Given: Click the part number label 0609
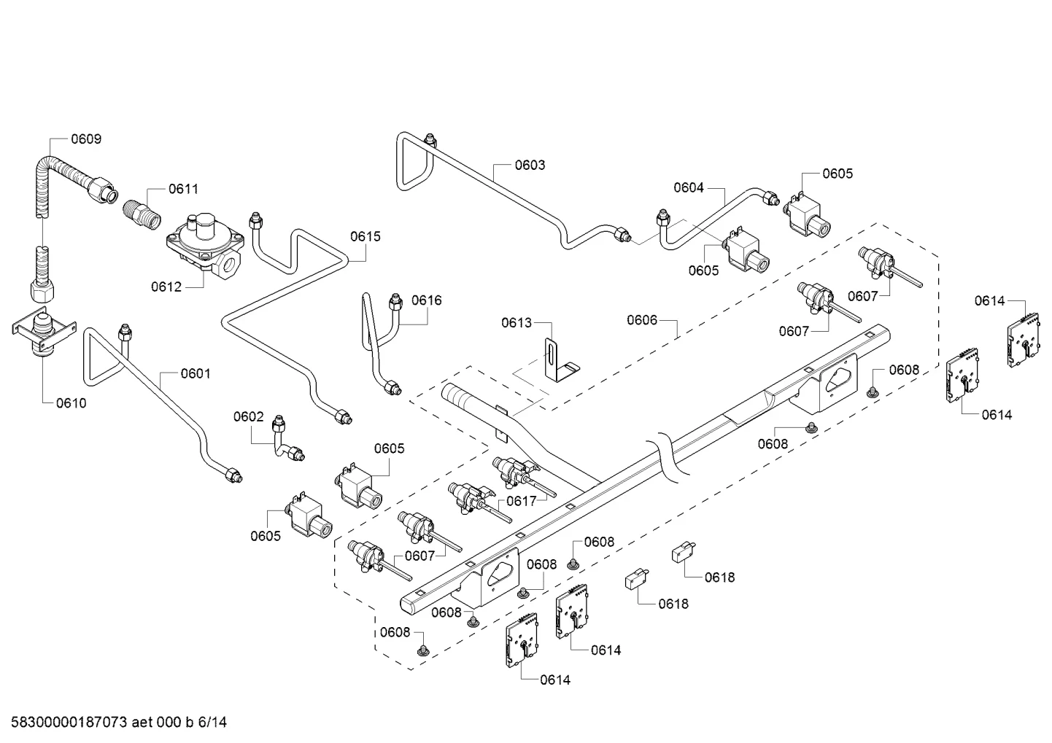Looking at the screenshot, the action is coord(86,139).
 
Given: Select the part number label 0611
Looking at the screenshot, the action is coord(183,189).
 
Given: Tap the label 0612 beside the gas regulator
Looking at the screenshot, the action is coord(166,287).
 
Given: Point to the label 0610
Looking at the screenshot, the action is coord(71,402).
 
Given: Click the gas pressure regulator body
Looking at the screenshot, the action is coord(206,246).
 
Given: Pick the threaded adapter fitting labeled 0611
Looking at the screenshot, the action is coord(142,215).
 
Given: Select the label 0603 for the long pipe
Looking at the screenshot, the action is coord(530,166).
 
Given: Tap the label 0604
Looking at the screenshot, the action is coord(689,187).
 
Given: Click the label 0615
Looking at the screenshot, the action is coord(366,236).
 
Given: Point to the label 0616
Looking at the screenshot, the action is coord(427,300).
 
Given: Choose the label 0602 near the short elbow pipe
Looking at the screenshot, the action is coord(249,417).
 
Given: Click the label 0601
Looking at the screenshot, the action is coord(196,373).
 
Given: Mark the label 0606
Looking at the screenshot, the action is coord(642,320).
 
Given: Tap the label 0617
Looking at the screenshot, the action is coord(522,501).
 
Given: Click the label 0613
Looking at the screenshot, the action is coord(517,323).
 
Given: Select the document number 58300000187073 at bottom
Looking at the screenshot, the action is coord(69,723).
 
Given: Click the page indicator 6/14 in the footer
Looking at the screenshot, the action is coord(212,723).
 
